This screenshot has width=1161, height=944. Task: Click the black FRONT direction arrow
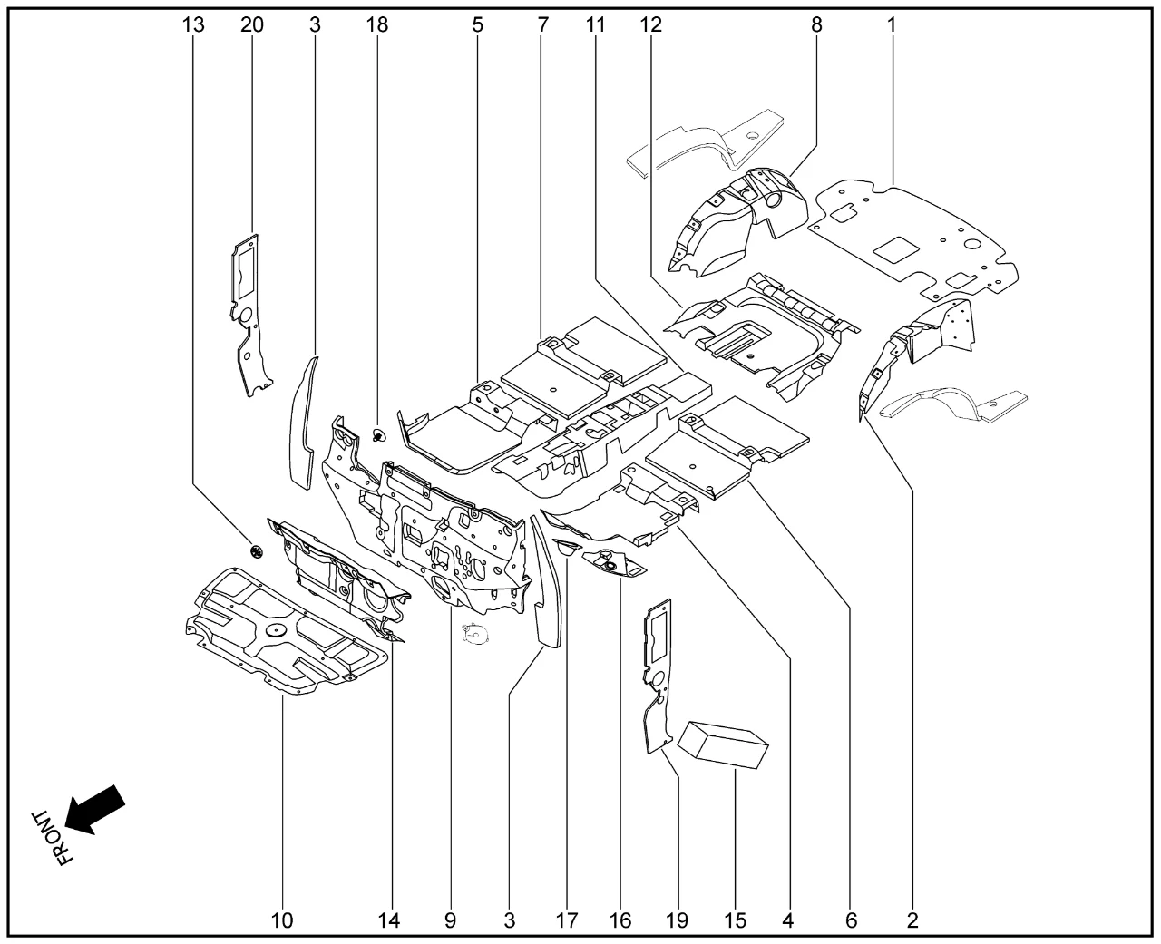95,807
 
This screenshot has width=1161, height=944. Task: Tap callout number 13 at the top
193,25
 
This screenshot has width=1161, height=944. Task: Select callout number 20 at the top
252,25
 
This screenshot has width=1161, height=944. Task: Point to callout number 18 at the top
377,25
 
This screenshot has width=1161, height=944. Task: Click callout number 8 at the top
816,25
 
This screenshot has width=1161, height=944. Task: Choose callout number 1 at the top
892,25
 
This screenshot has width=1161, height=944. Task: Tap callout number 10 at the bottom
282,921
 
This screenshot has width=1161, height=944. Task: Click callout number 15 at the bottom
736,921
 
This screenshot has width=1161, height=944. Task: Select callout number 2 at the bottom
912,921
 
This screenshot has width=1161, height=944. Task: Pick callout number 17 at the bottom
567,921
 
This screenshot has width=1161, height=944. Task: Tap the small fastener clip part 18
378,436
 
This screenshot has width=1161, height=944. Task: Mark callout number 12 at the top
650,25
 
